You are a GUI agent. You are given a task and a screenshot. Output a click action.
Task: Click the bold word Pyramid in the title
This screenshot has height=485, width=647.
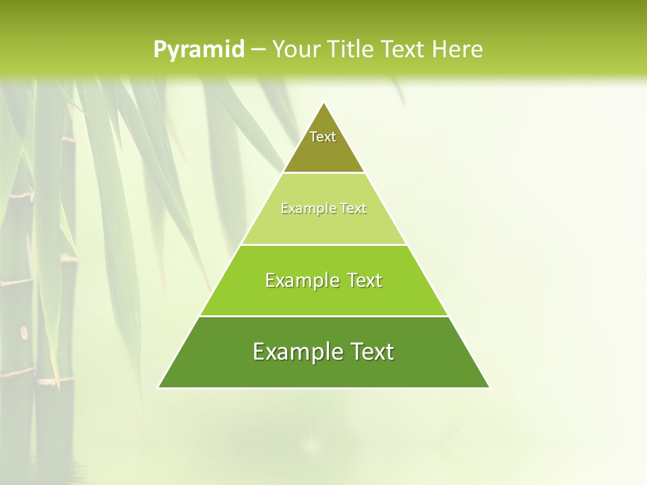pos(198,50)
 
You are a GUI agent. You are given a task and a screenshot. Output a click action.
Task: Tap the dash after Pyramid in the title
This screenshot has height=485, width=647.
pos(257,50)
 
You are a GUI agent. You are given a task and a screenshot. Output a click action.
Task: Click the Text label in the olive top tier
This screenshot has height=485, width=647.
pos(323,137)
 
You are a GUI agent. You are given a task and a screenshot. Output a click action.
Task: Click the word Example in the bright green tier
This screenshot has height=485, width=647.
pos(301,280)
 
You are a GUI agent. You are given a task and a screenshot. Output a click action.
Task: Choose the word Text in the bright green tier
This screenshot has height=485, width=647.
pos(363,280)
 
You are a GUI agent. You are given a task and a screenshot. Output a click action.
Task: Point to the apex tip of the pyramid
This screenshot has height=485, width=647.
pos(323,103)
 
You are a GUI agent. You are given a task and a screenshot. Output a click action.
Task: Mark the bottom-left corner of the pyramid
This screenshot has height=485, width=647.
pos(158,387)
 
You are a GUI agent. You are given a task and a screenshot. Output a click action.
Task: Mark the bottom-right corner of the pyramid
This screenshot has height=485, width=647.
pos(489,387)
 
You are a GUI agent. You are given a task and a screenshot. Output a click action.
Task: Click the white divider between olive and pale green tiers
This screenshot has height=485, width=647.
pos(323,173)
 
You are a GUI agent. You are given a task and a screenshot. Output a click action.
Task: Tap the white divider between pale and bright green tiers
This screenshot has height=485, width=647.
pos(323,245)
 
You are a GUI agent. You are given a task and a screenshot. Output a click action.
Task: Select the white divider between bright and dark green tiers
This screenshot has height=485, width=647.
pos(323,316)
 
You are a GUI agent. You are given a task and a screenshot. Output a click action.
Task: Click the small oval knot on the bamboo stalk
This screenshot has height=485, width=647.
pos(24,331)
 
